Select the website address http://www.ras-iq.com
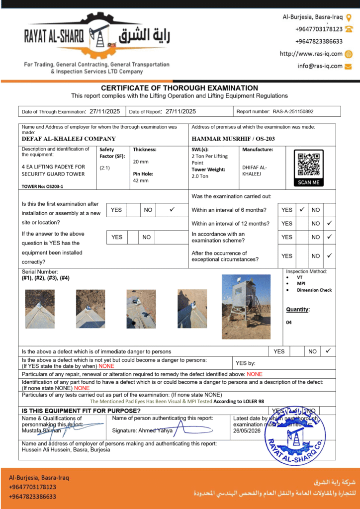(x=311, y=54)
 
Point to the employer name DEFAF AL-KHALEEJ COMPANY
(x=69, y=139)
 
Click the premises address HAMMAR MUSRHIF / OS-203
(x=233, y=139)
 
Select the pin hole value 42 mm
(x=141, y=180)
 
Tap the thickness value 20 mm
(x=141, y=162)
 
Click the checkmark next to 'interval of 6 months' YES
(x=302, y=210)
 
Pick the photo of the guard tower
(x=246, y=306)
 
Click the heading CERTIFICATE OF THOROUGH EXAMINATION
(x=180, y=88)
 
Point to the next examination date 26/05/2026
(x=247, y=431)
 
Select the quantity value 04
(x=289, y=323)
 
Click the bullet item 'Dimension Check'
(x=314, y=290)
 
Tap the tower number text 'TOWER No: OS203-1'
(x=42, y=186)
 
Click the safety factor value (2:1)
(x=105, y=168)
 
